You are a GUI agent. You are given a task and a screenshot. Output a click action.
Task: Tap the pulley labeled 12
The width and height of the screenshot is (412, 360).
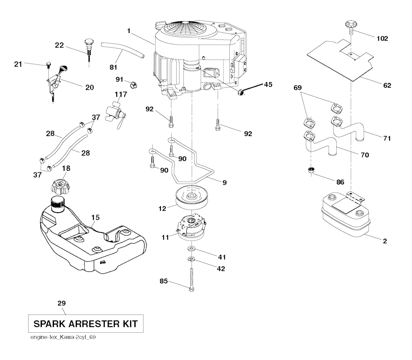[191, 198]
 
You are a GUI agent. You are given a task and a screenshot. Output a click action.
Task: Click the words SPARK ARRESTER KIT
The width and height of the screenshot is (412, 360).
[85, 323]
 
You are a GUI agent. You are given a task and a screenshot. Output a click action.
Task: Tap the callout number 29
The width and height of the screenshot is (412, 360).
[62, 303]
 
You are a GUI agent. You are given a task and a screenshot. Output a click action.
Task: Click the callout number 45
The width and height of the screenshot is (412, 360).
[268, 85]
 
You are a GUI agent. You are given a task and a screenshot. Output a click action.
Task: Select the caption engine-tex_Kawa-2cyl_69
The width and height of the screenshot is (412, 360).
[62, 337]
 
